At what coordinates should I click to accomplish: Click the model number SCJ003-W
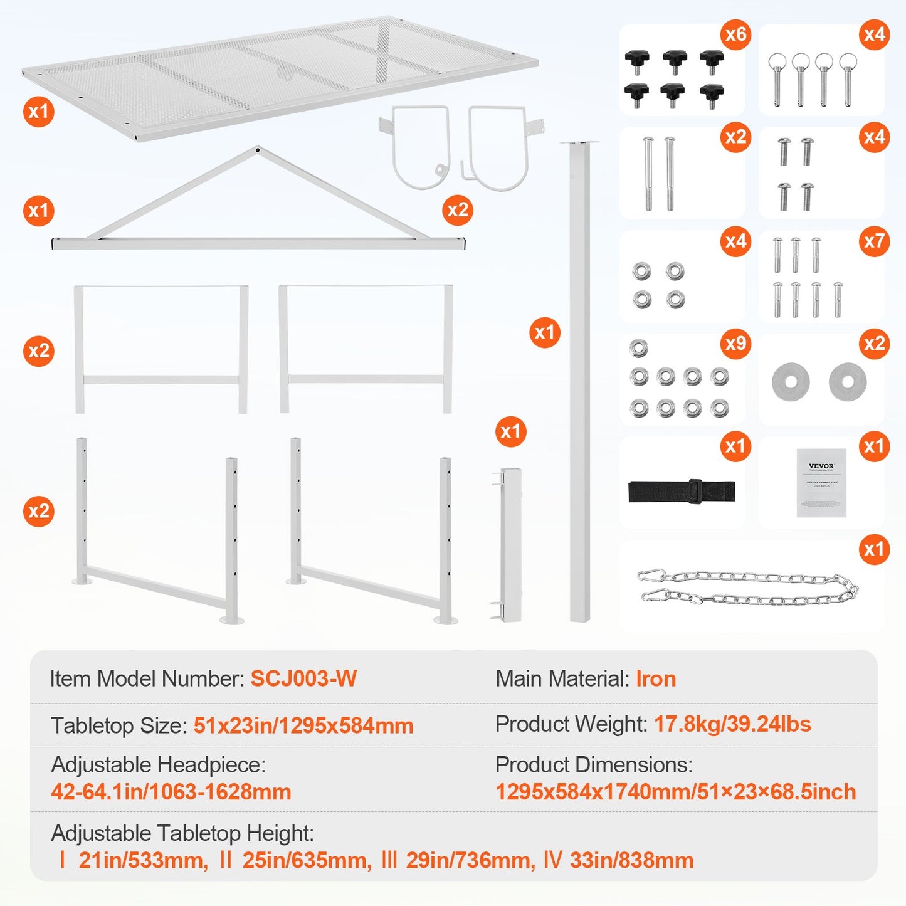click(303, 678)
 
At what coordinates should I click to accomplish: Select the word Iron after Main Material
click(656, 678)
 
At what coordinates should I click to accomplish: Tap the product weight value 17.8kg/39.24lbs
click(732, 724)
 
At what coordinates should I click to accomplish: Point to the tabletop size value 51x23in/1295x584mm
click(303, 725)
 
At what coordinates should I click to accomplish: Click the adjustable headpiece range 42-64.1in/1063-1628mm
click(171, 792)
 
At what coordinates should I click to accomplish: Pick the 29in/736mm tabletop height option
click(470, 860)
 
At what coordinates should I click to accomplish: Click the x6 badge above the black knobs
click(735, 34)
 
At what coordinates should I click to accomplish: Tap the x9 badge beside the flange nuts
click(735, 344)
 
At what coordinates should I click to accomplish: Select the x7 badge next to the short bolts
click(874, 241)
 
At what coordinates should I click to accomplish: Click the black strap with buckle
click(682, 491)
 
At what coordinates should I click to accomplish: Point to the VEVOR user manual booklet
click(821, 482)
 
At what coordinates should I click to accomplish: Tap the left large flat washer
click(791, 381)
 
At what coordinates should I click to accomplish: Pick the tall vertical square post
click(580, 382)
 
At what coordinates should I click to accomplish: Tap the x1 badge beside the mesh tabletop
click(39, 112)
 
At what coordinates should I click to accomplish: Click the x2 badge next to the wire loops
click(457, 210)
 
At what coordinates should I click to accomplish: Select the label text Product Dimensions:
click(594, 765)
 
